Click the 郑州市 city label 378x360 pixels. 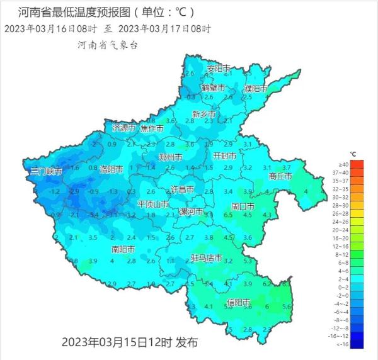[x=171, y=157]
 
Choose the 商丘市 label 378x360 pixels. [x=280, y=177]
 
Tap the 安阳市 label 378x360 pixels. [x=219, y=68]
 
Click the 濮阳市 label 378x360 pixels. [x=256, y=87]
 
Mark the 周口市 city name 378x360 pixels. [x=243, y=206]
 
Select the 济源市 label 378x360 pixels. [x=123, y=128]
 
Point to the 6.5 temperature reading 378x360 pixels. [x=229, y=215]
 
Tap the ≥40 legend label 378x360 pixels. [x=358, y=164]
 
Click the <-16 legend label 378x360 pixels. [x=359, y=344]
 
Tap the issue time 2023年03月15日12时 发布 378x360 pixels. [x=130, y=342]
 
